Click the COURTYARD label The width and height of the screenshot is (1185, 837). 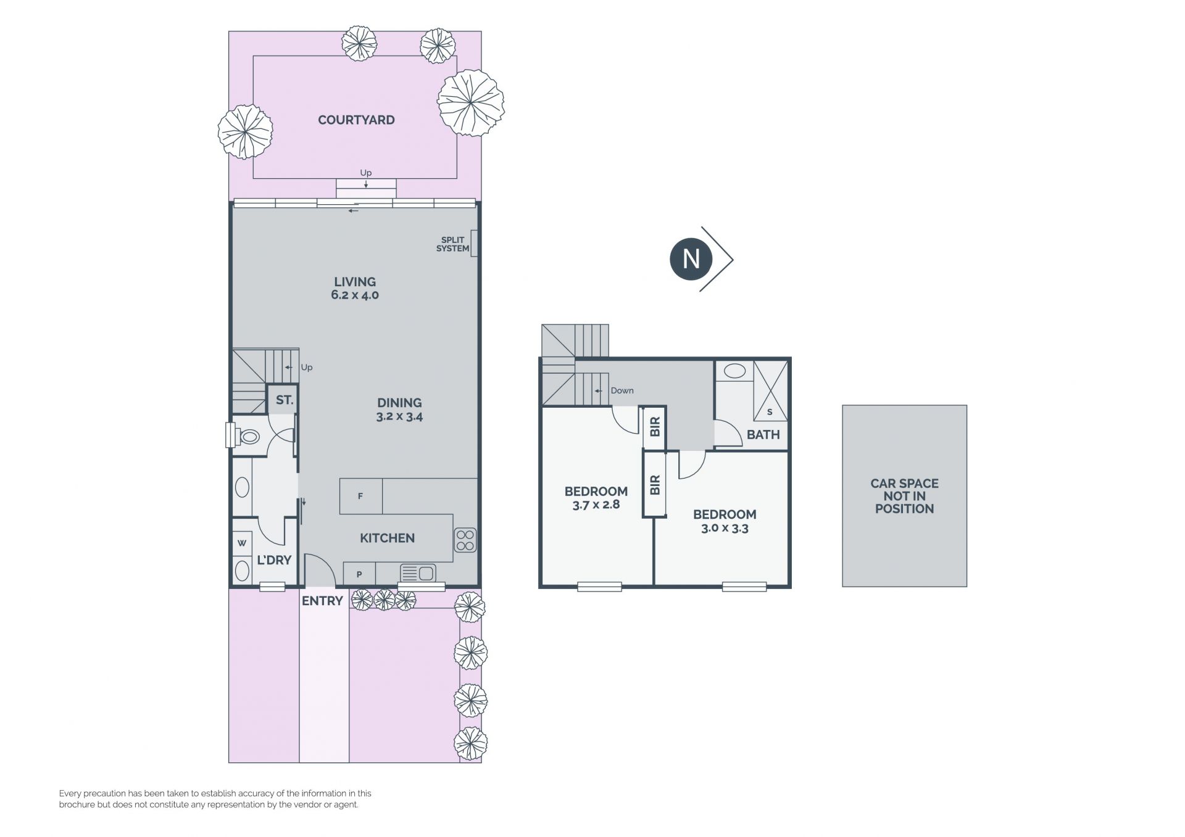pyautogui.click(x=356, y=120)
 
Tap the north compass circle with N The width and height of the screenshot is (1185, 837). pyautogui.click(x=691, y=259)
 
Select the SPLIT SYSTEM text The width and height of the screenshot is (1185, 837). pyautogui.click(x=452, y=244)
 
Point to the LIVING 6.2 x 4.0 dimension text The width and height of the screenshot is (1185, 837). pyautogui.click(x=355, y=295)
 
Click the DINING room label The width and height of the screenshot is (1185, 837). pyautogui.click(x=399, y=403)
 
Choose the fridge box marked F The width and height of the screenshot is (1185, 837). pyautogui.click(x=361, y=496)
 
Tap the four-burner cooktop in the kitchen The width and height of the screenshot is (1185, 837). pyautogui.click(x=465, y=540)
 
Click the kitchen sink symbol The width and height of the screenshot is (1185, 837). pyautogui.click(x=418, y=573)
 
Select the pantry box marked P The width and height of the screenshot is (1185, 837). pyautogui.click(x=359, y=574)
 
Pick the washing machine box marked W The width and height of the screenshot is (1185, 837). pyautogui.click(x=242, y=543)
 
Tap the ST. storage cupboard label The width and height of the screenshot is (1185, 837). pyautogui.click(x=284, y=400)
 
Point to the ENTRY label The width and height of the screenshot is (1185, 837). pyautogui.click(x=322, y=601)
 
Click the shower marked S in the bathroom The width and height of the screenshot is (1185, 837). pyautogui.click(x=770, y=391)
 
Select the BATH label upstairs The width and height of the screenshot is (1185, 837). pyautogui.click(x=763, y=435)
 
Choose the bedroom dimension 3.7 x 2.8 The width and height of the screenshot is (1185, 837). pyautogui.click(x=596, y=505)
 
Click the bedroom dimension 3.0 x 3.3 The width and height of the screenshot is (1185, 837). pyautogui.click(x=725, y=528)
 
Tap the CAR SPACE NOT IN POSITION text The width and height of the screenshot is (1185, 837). pyautogui.click(x=905, y=496)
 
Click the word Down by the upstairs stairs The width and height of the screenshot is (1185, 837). pyautogui.click(x=622, y=390)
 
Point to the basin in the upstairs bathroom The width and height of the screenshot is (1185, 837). pyautogui.click(x=734, y=371)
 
